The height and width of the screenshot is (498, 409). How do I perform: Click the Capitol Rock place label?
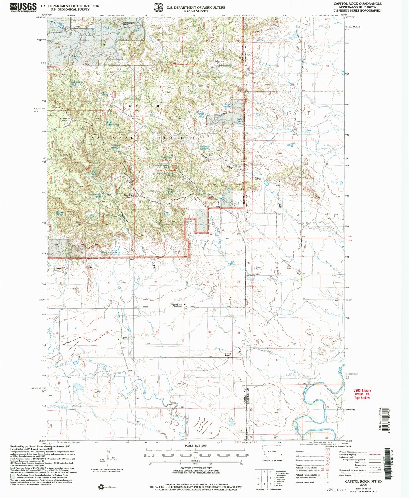click(128, 196)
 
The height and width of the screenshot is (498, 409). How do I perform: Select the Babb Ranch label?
click(125, 338)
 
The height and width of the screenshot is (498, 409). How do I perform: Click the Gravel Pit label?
click(259, 268)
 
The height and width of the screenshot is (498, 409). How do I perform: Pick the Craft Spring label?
click(89, 216)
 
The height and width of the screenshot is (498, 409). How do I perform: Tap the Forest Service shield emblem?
click(158, 8)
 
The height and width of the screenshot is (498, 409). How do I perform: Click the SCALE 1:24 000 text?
click(195, 445)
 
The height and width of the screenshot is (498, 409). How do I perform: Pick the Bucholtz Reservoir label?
click(205, 148)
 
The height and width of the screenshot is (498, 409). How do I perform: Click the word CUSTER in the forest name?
click(144, 106)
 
